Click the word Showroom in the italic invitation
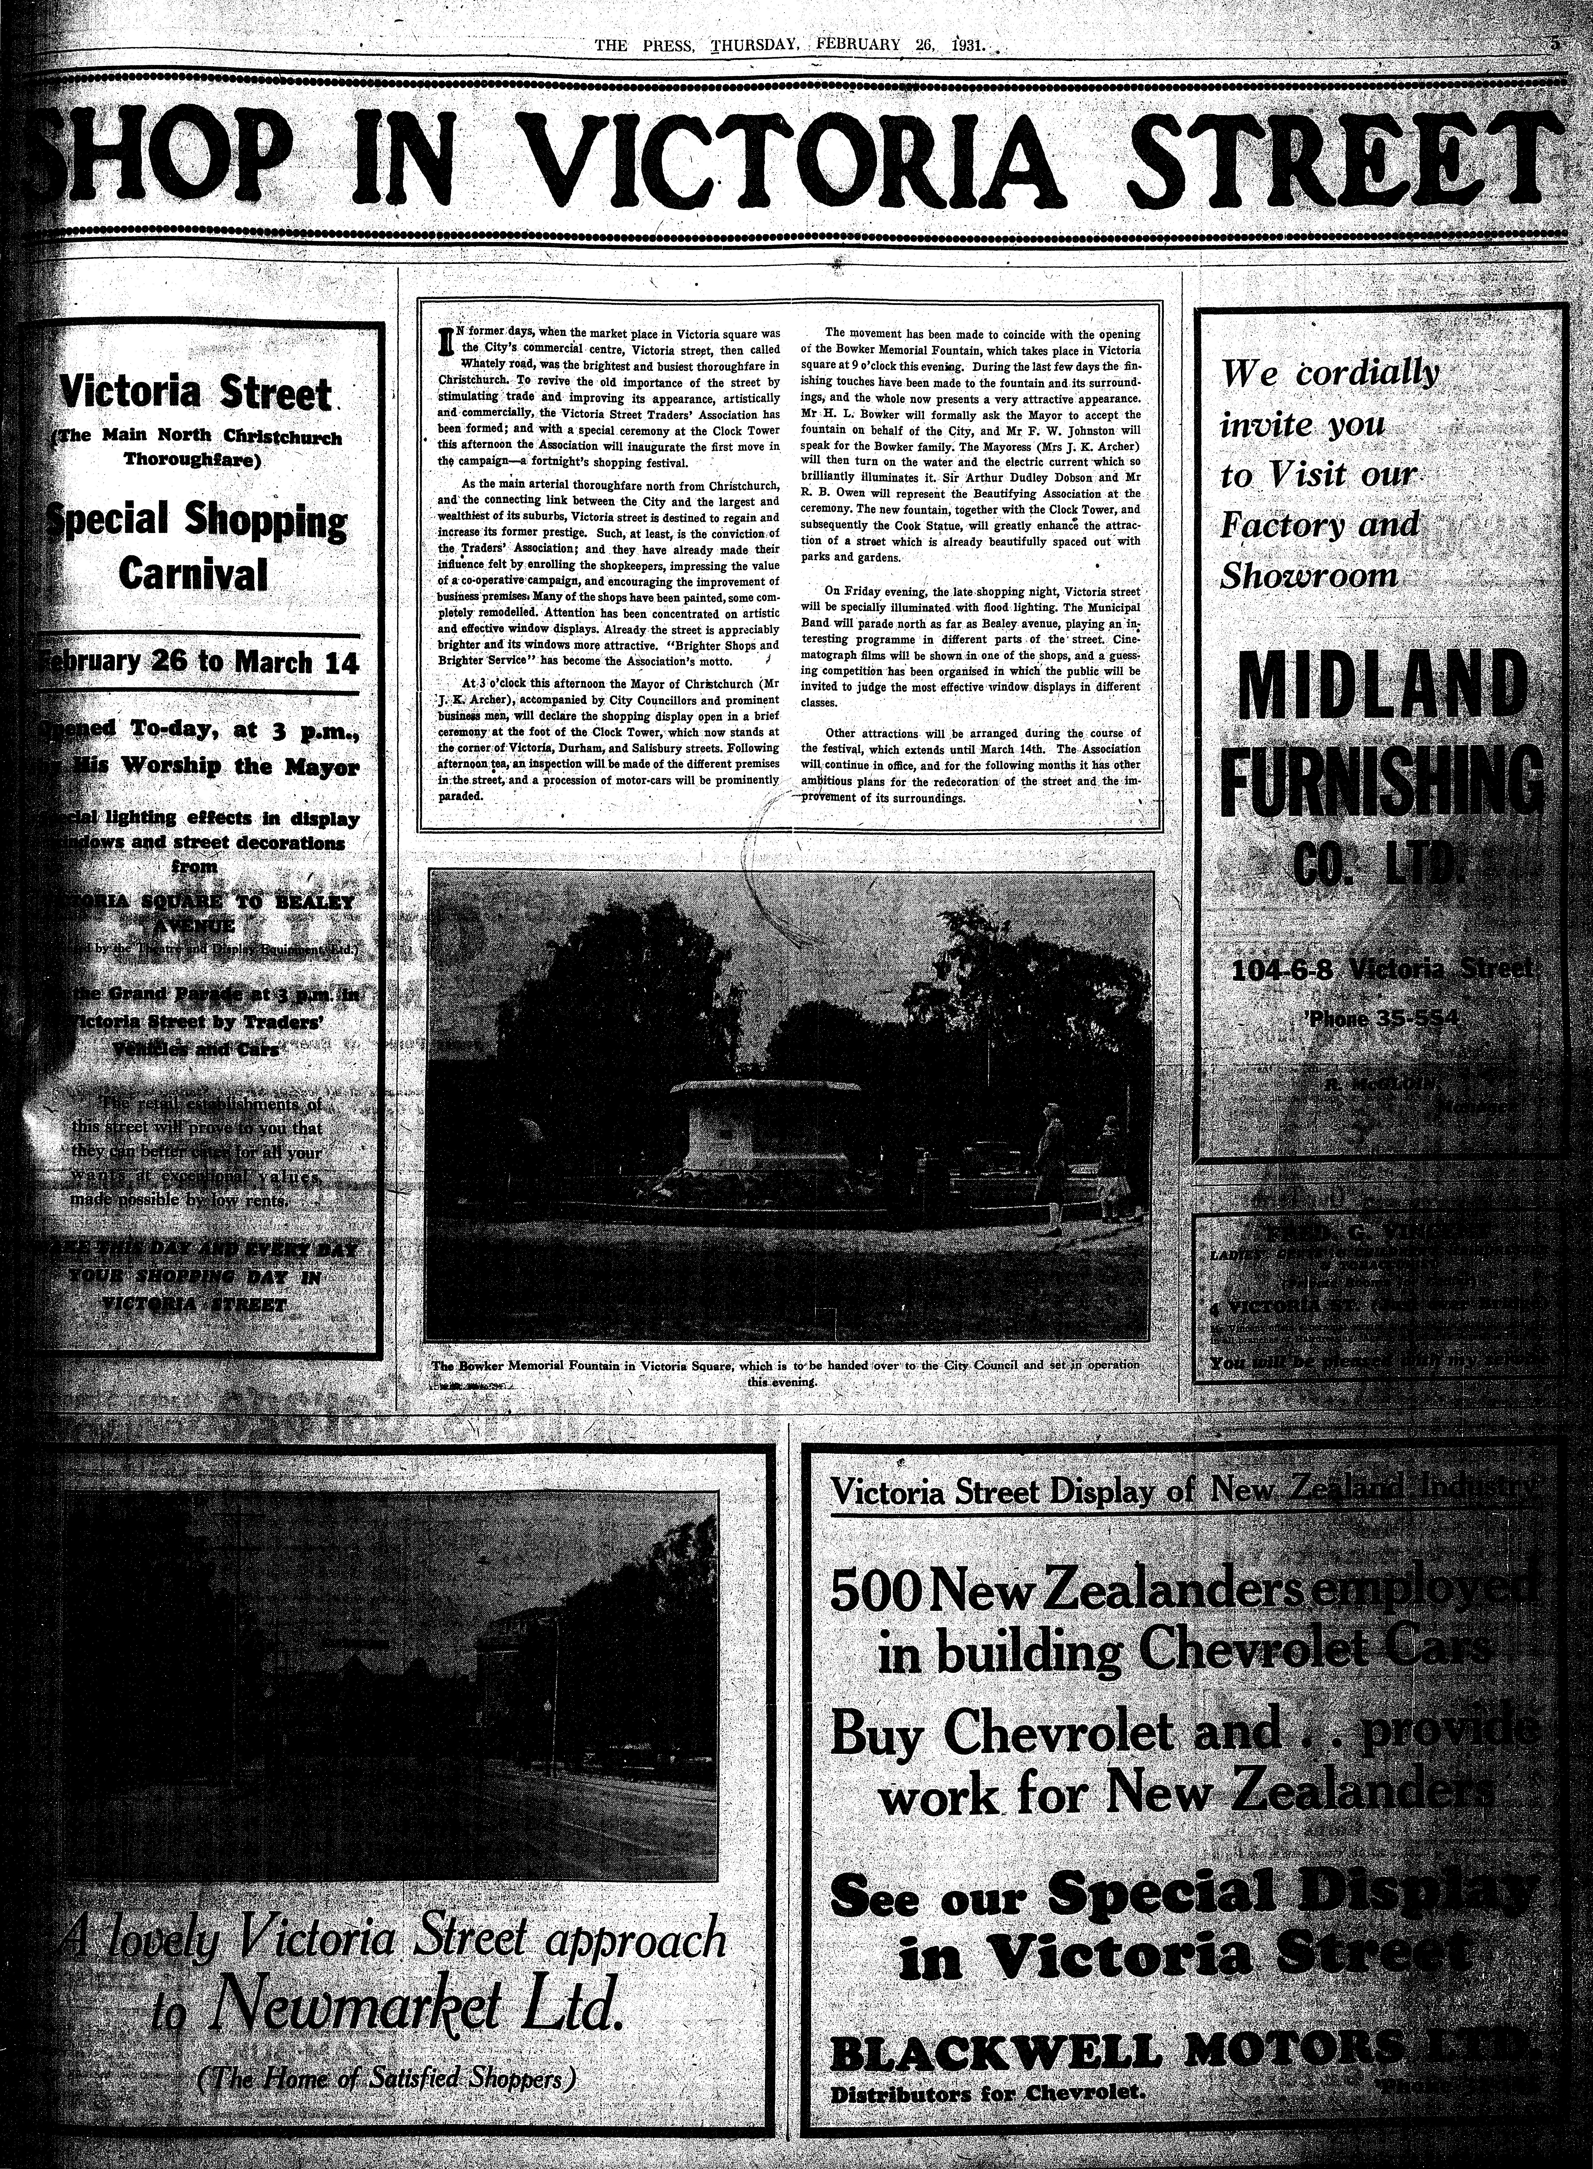tap(1307, 576)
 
